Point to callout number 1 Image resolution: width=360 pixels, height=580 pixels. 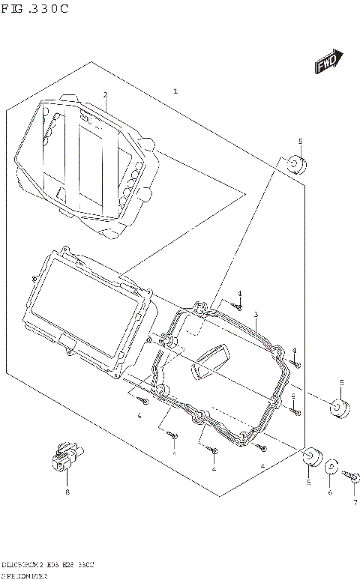[175, 91]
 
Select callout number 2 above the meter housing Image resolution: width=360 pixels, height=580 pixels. [105, 95]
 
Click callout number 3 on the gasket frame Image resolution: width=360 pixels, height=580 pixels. [256, 314]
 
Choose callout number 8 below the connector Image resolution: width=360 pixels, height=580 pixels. [67, 492]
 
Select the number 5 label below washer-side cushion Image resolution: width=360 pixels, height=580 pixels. [308, 483]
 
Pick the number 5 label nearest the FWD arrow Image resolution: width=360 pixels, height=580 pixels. [300, 141]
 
